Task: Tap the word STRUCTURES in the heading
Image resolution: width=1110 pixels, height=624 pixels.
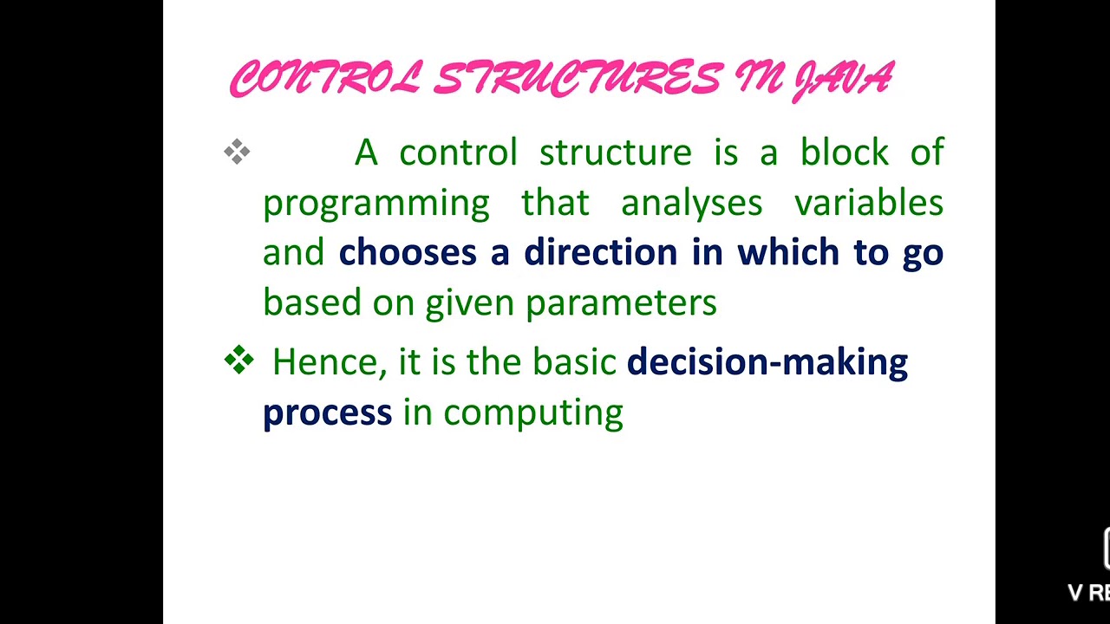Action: pos(577,80)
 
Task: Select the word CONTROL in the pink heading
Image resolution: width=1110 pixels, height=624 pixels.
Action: pos(325,80)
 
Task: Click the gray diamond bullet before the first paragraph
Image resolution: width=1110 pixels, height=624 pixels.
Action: pos(237,153)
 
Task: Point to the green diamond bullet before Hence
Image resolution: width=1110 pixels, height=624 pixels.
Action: pos(238,360)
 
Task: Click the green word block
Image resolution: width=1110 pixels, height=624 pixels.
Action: pos(844,153)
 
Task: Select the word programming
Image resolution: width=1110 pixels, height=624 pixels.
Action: pos(375,204)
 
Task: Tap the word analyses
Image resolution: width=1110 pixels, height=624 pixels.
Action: pos(691,203)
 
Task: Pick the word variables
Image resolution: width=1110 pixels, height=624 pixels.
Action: pos(868,203)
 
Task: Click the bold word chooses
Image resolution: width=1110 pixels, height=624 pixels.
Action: pos(408,252)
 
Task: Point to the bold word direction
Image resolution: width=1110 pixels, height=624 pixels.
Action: pos(600,252)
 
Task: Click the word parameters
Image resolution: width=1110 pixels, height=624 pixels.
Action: pos(621,303)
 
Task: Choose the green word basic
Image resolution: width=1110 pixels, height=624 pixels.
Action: pos(574,361)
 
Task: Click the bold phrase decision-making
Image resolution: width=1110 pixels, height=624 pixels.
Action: pos(767,361)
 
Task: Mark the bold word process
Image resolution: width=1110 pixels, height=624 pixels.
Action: pos(327,413)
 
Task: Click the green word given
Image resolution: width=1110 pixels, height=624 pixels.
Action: pos(470,303)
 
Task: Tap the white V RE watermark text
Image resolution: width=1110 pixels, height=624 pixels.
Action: pos(1089,593)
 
